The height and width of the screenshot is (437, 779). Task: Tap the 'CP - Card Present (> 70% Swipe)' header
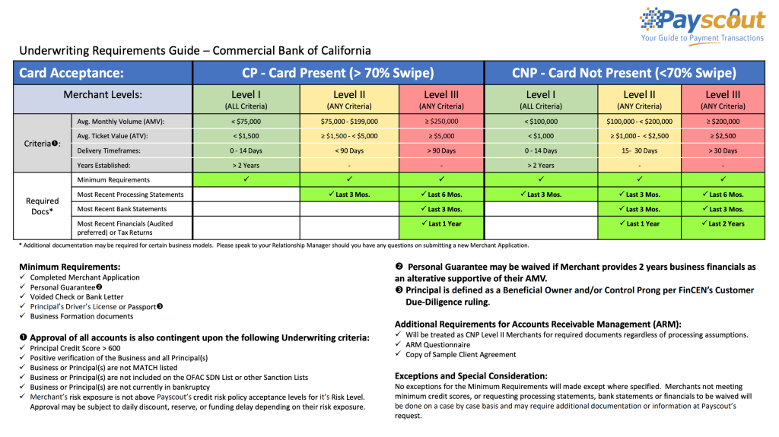(x=338, y=73)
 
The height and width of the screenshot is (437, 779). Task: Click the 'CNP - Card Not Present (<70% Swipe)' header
(x=624, y=73)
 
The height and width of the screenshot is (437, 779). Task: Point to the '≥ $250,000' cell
(x=441, y=122)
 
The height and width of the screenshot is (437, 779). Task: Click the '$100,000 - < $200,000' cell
(x=640, y=122)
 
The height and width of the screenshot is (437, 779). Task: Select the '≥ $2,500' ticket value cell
(x=723, y=136)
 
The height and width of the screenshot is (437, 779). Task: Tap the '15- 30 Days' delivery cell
(x=640, y=150)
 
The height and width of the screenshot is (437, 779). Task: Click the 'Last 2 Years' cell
(x=723, y=223)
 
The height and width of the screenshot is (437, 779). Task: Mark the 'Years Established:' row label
(x=103, y=165)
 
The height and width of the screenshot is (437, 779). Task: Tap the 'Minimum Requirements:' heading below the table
(x=69, y=267)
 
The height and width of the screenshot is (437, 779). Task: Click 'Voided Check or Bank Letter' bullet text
(x=77, y=297)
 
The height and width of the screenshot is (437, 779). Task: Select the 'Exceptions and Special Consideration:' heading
(x=471, y=375)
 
